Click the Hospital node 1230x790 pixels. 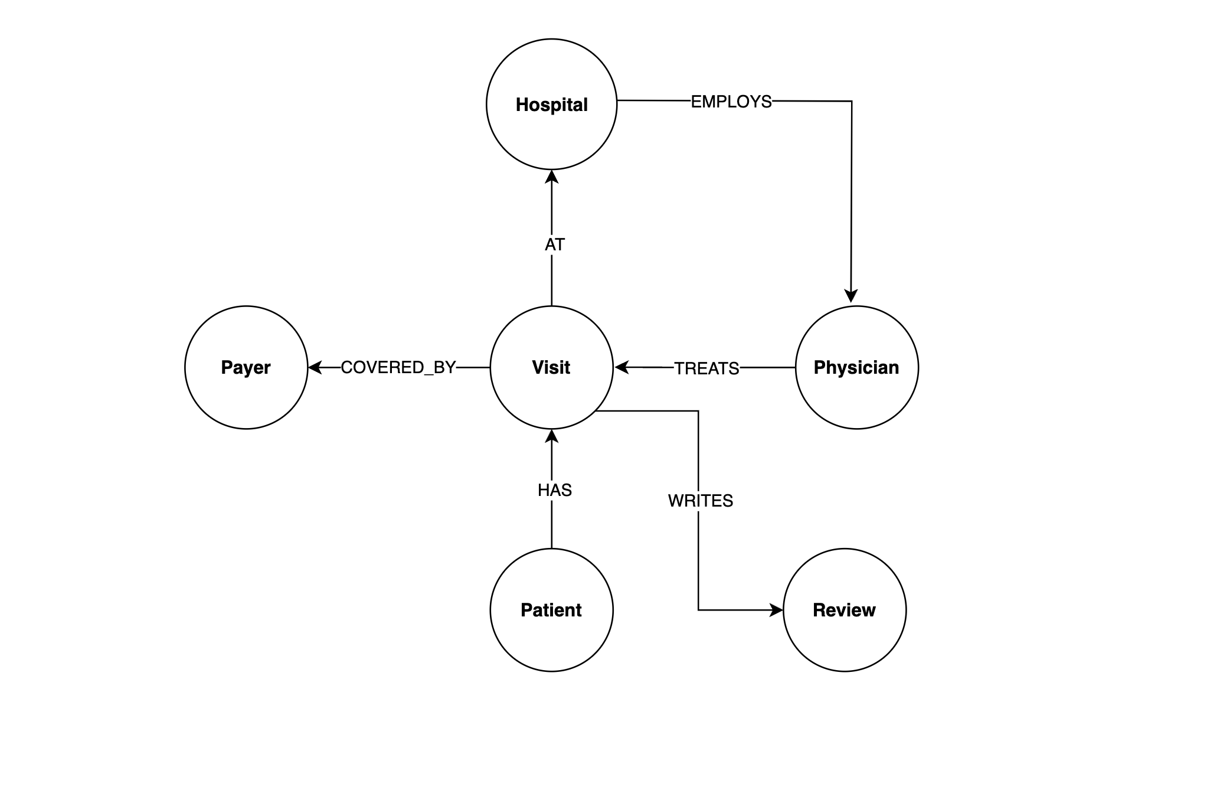[x=551, y=105]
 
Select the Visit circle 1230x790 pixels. [x=551, y=367]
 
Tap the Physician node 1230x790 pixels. [x=856, y=367]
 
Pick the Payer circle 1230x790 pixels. [x=246, y=367]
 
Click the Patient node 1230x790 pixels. [x=551, y=610]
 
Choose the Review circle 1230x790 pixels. [x=844, y=610]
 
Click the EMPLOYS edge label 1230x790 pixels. [x=731, y=102]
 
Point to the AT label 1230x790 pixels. [x=554, y=244]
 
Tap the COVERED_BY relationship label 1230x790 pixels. [x=398, y=367]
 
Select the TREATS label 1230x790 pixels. [x=706, y=368]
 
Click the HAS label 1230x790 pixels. [x=554, y=490]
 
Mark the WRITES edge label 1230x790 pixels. [x=700, y=501]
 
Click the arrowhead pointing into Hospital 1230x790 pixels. [x=551, y=176]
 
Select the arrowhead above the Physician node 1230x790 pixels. [x=850, y=296]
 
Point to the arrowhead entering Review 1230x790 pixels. [x=776, y=610]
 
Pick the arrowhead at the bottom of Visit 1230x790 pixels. [x=551, y=436]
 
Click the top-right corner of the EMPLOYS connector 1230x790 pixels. [x=852, y=101]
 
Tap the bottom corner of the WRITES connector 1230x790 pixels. [x=698, y=610]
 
